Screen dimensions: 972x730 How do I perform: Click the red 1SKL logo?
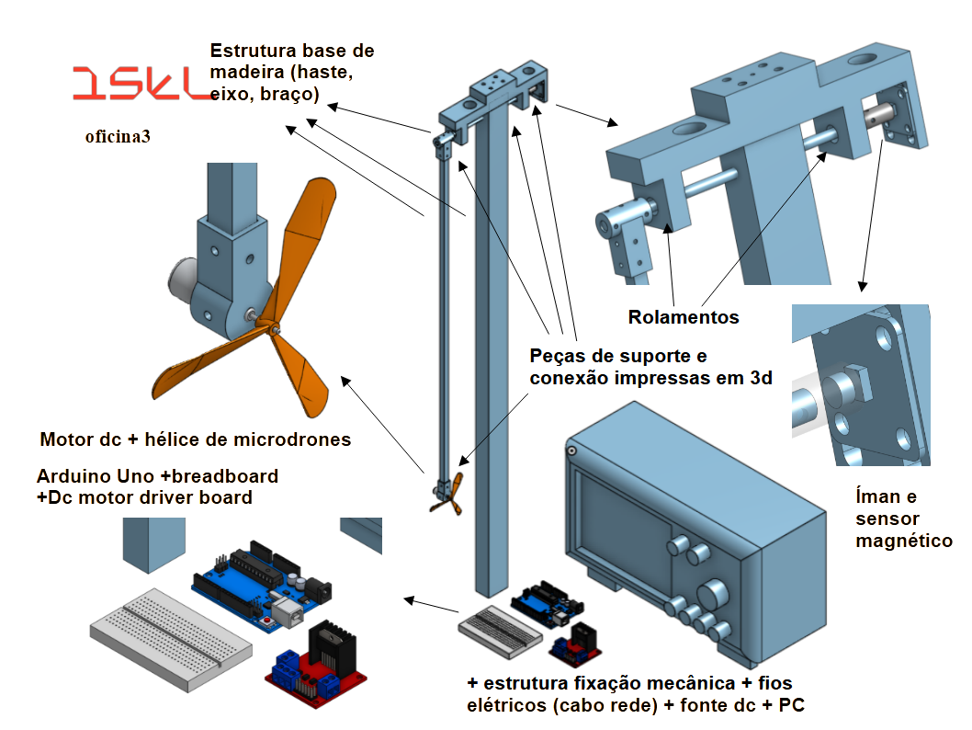point(142,84)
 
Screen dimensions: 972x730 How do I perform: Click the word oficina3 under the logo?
point(118,136)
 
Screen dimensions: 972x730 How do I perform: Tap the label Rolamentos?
point(684,317)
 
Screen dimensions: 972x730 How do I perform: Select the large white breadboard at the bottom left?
point(171,639)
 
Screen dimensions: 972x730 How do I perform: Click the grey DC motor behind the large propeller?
point(182,282)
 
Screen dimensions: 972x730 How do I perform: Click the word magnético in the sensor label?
point(904,542)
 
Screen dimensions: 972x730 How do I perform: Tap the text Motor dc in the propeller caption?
point(81,439)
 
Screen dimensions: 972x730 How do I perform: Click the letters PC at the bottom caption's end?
point(791,705)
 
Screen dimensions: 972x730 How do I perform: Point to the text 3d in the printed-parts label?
point(762,378)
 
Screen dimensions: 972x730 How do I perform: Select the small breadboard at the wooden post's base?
point(501,631)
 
